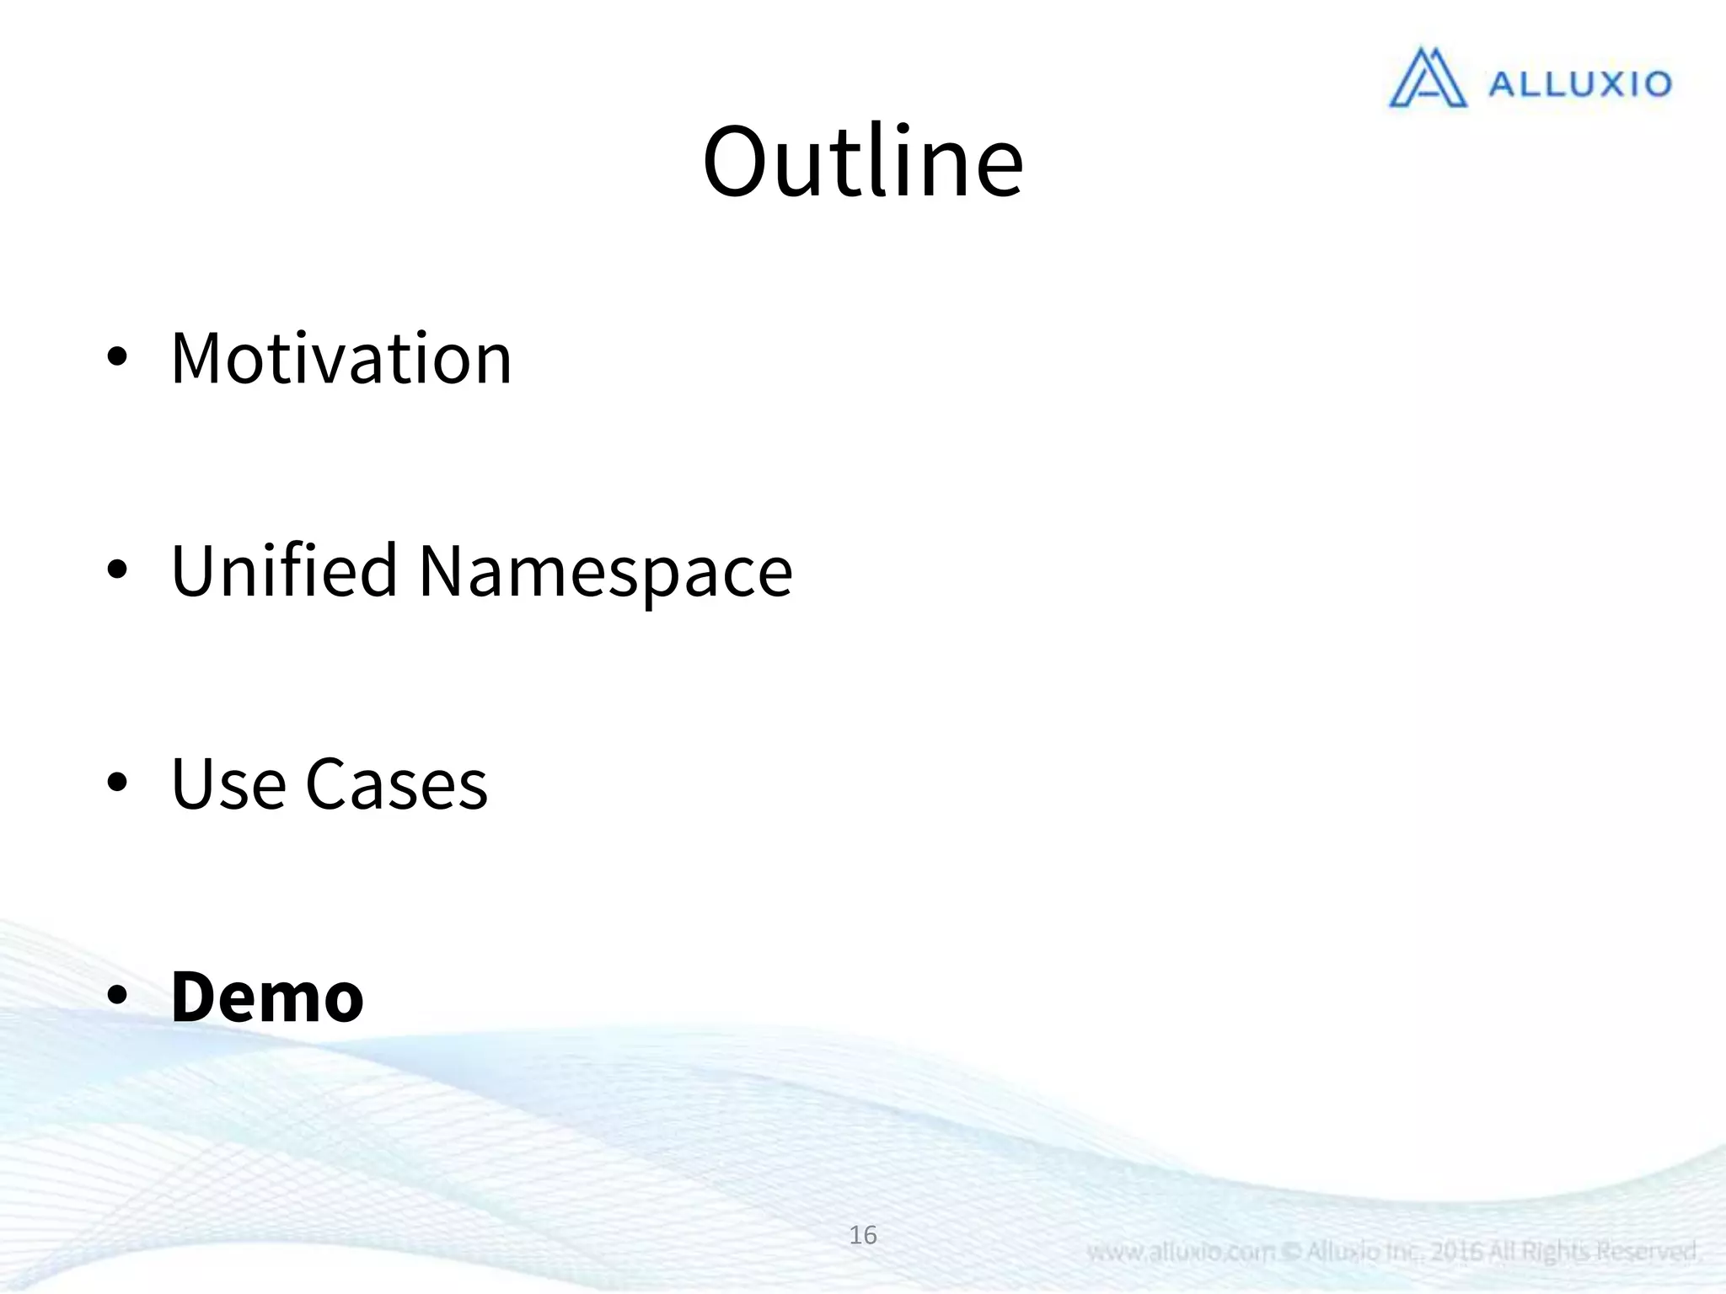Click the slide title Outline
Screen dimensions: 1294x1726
pos(863,162)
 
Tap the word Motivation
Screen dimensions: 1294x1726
pos(341,359)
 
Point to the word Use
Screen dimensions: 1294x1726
pos(228,784)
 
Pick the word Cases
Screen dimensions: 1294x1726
pos(396,784)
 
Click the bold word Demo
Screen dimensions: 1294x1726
pos(267,997)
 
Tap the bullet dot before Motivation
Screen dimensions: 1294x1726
pos(117,357)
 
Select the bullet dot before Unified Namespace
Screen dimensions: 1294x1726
pos(117,570)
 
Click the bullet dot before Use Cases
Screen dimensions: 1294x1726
pos(117,783)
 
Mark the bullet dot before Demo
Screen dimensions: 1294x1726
pos(117,995)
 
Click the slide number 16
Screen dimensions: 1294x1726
pos(863,1235)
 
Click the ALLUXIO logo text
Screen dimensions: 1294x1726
pos(1579,84)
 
